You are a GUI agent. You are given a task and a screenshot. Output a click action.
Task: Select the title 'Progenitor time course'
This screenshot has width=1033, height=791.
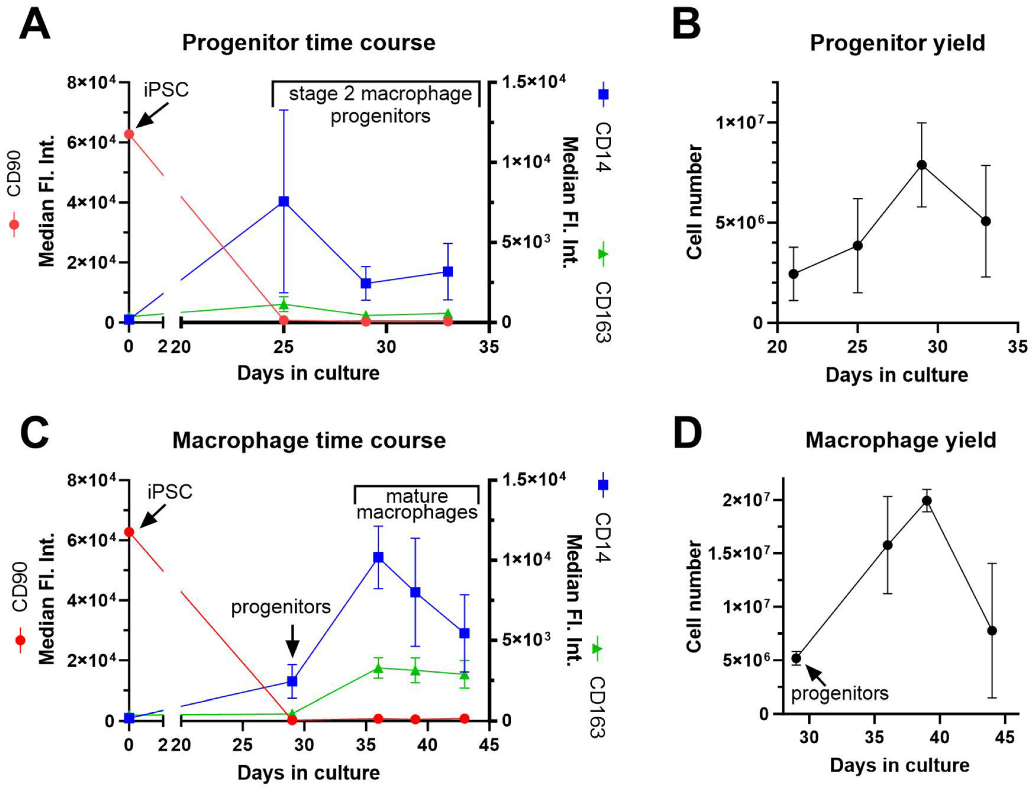308,43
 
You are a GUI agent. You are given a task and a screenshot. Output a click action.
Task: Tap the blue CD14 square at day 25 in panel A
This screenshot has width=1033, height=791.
284,201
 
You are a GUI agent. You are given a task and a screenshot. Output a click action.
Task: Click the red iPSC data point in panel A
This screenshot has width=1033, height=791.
129,134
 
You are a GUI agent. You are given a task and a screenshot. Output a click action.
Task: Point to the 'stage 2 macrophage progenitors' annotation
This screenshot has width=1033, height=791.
380,104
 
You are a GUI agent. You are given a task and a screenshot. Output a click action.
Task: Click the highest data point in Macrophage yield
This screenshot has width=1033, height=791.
927,500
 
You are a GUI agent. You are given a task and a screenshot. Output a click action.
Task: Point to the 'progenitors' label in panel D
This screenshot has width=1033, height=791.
840,694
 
